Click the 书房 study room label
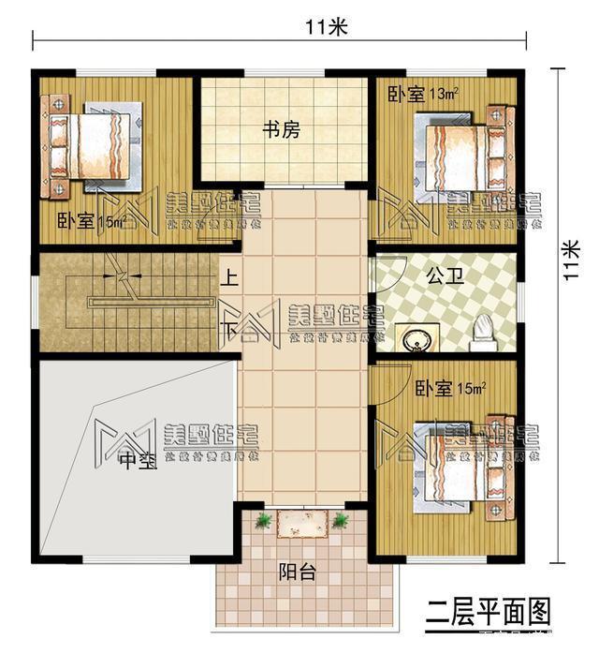pos(281,131)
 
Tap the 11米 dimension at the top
pos(325,27)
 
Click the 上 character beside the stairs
pos(226,278)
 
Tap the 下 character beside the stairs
pos(226,330)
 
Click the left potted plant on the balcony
pos(263,520)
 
